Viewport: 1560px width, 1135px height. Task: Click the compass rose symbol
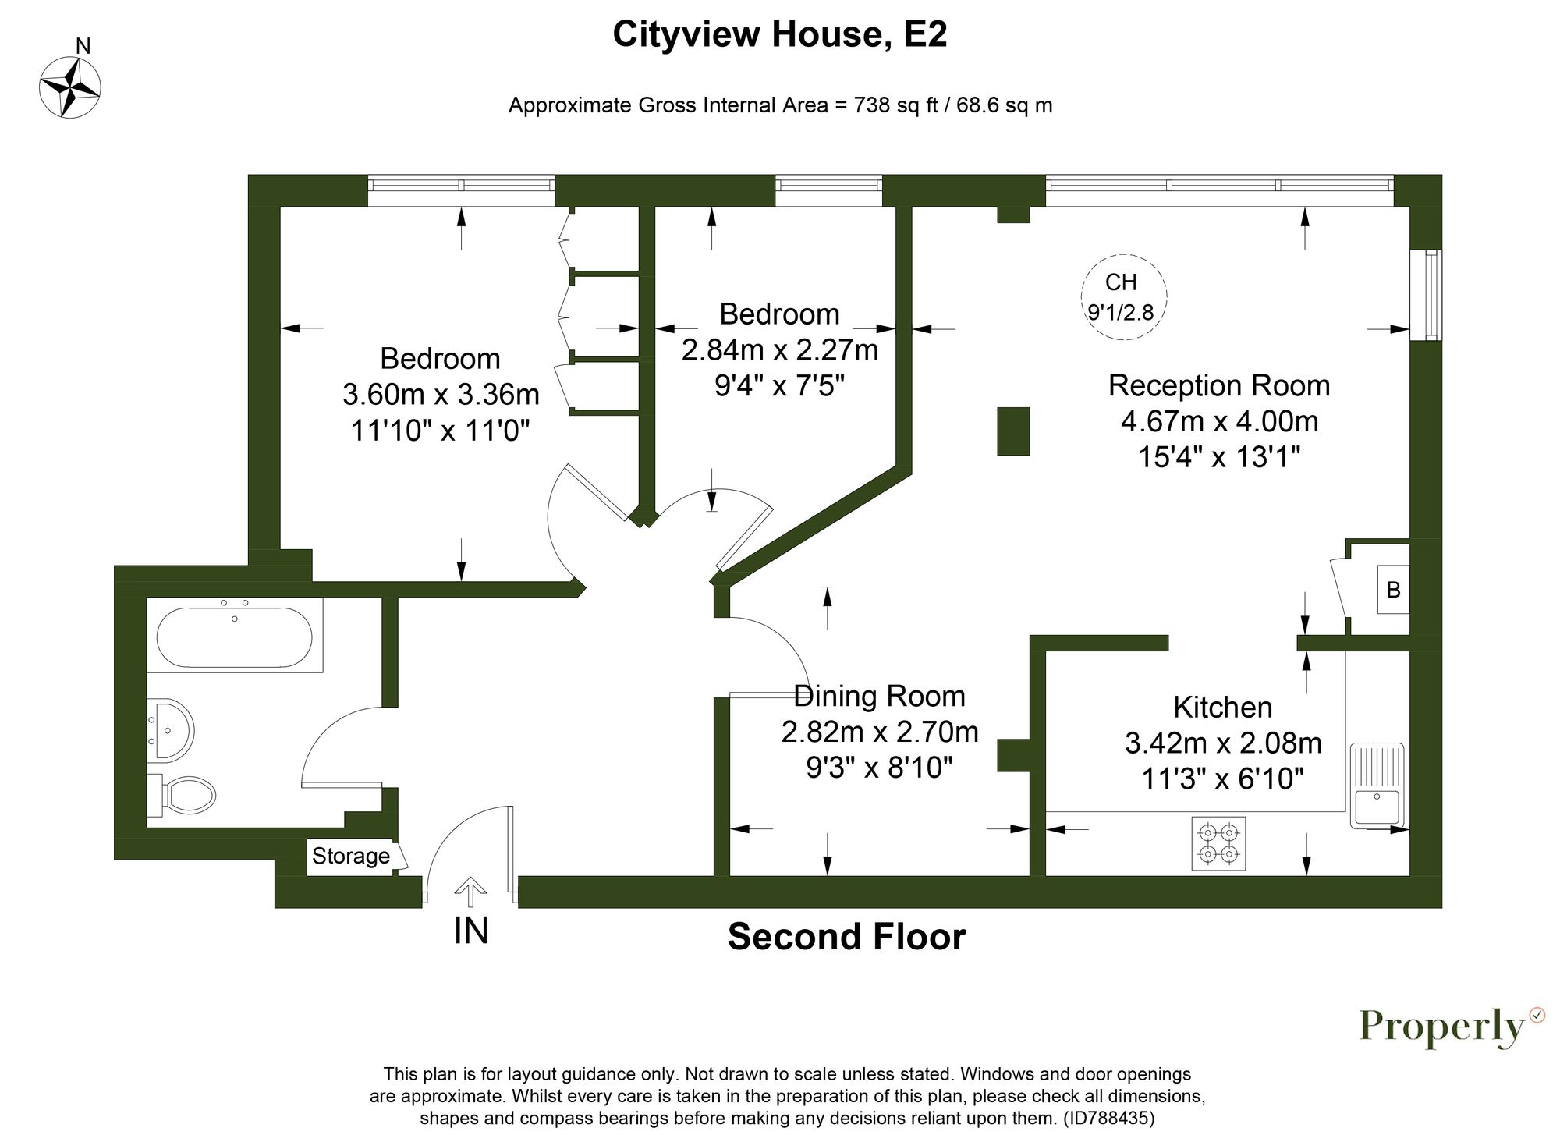(x=70, y=87)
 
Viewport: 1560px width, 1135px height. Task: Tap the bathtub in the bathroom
(x=234, y=637)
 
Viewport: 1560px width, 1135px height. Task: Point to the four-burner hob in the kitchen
(x=1218, y=843)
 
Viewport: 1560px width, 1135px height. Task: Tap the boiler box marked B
(x=1393, y=590)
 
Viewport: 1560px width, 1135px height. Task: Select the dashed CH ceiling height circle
(x=1123, y=296)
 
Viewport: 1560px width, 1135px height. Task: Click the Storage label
(x=351, y=856)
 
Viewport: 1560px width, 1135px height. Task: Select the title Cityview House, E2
(x=779, y=34)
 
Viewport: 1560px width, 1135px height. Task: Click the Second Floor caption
(x=846, y=936)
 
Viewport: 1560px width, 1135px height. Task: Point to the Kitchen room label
(x=1222, y=708)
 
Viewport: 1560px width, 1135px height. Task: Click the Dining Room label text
(x=879, y=696)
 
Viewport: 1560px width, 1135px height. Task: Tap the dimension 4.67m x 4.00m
(x=1219, y=421)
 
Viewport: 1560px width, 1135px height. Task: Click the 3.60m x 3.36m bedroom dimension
(x=441, y=394)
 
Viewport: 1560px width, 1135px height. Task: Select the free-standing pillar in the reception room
(x=1013, y=431)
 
